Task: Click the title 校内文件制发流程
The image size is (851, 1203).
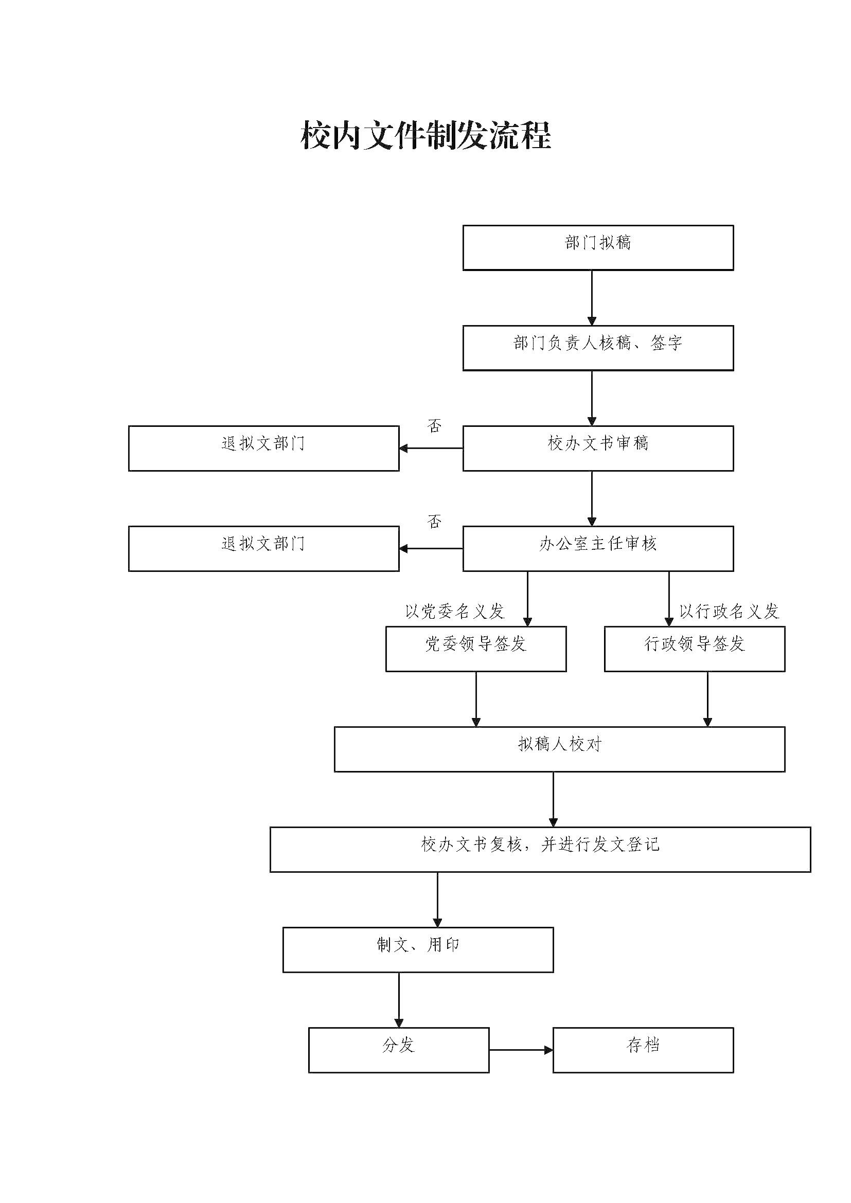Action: [x=426, y=136]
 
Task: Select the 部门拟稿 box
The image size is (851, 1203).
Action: [x=598, y=248]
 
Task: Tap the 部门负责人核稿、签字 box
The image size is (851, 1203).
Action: [x=598, y=348]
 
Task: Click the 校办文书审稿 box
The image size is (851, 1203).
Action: [x=598, y=448]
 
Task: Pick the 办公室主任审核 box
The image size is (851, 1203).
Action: [x=598, y=548]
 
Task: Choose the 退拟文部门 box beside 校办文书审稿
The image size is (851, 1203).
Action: [x=263, y=448]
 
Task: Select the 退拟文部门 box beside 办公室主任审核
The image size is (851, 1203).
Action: [x=263, y=548]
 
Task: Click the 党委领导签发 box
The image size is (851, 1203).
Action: [x=476, y=649]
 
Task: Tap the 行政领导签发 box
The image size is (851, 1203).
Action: [x=694, y=649]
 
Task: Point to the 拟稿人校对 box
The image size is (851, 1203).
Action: [x=559, y=749]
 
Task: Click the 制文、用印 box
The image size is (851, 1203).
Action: [x=418, y=949]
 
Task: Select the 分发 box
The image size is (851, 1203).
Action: [x=398, y=1050]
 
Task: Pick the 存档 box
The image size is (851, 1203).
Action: [x=643, y=1050]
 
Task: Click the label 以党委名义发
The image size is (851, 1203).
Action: [x=454, y=611]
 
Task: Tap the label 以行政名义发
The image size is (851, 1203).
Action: [x=729, y=611]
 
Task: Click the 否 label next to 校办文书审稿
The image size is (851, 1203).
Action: [x=434, y=426]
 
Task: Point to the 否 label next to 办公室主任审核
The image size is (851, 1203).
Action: [x=434, y=522]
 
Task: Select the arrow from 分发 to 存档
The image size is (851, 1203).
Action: [x=521, y=1050]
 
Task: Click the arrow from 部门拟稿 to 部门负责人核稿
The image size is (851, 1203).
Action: [x=592, y=298]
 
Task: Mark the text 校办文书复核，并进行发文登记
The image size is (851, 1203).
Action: [x=540, y=844]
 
